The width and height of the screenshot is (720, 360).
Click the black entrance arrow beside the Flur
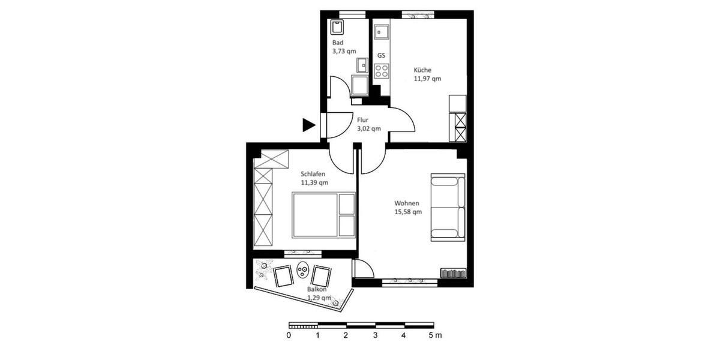308,125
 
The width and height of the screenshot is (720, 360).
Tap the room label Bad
338,43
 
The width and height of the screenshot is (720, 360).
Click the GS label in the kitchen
381,55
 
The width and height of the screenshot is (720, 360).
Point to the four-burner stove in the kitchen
381,71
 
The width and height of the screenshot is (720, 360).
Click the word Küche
422,70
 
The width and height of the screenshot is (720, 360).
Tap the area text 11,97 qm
427,79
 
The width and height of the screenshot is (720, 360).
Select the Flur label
363,119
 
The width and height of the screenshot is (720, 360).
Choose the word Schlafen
313,174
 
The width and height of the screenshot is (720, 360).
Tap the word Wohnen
407,203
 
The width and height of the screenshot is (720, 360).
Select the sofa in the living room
448,208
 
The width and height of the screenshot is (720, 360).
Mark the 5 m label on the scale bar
434,336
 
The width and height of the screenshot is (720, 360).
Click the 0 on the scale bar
289,336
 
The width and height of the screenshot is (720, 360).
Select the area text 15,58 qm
408,212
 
